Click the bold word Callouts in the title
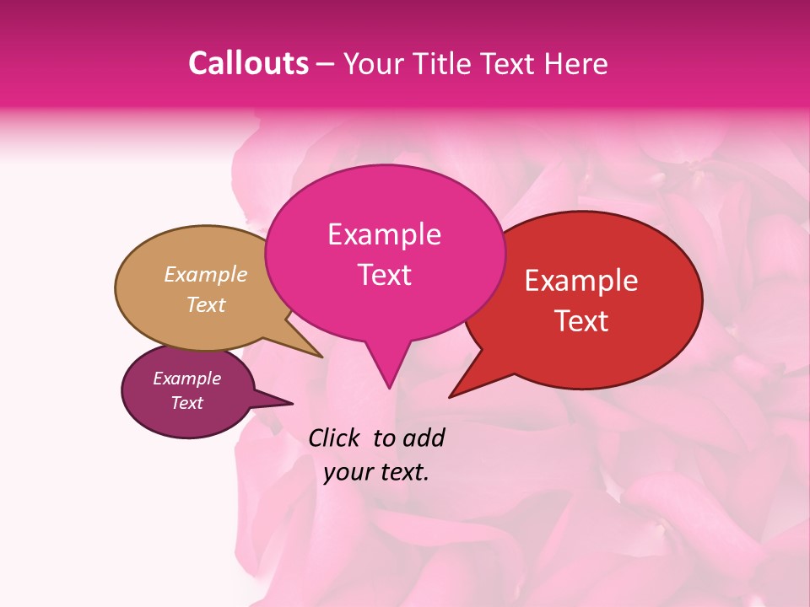[248, 63]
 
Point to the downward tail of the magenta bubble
[387, 371]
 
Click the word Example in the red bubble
[581, 281]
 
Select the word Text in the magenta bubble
[384, 275]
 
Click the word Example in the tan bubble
[206, 274]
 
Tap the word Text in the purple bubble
[187, 403]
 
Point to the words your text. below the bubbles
[376, 472]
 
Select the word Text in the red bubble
[582, 321]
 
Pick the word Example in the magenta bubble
[384, 234]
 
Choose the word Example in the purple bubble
[187, 379]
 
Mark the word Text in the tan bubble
[206, 304]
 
